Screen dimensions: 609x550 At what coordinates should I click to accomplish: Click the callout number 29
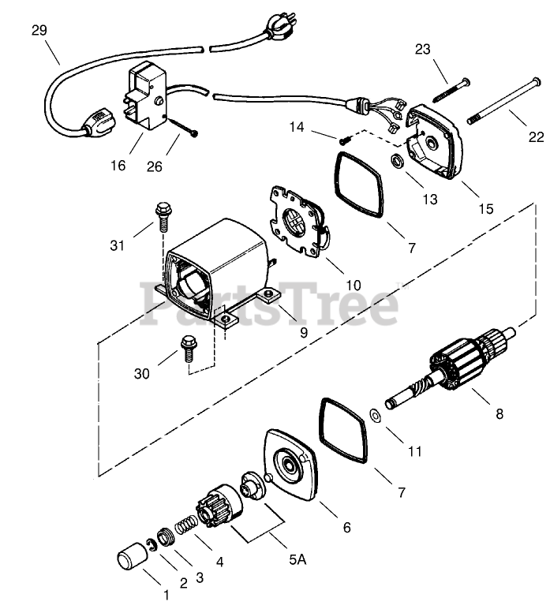pos(39,31)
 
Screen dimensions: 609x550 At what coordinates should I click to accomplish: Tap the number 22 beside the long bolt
pos(536,137)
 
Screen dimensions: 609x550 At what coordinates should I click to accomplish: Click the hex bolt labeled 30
pos(189,347)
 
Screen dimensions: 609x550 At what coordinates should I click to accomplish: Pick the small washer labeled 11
pos(376,415)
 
